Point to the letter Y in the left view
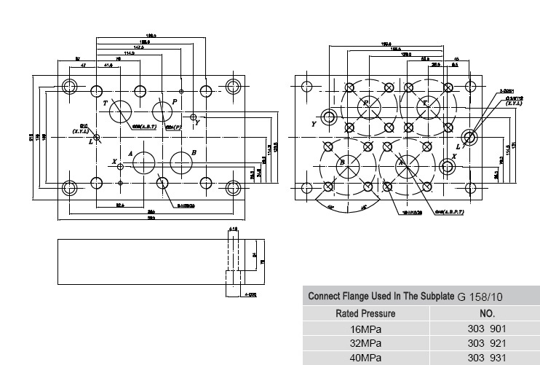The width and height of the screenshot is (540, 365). pos(196,124)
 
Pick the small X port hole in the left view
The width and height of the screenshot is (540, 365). pos(121,167)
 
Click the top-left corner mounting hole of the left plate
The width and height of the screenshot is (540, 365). pos(70,87)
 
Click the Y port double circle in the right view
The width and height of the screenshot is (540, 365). pos(330,117)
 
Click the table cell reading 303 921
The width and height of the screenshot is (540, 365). pos(486,342)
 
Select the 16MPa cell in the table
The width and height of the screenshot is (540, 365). pos(366,329)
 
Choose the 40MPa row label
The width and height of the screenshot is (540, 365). pos(366,357)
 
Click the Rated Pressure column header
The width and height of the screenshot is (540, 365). pos(365,313)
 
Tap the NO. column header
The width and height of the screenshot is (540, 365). pos(487,313)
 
